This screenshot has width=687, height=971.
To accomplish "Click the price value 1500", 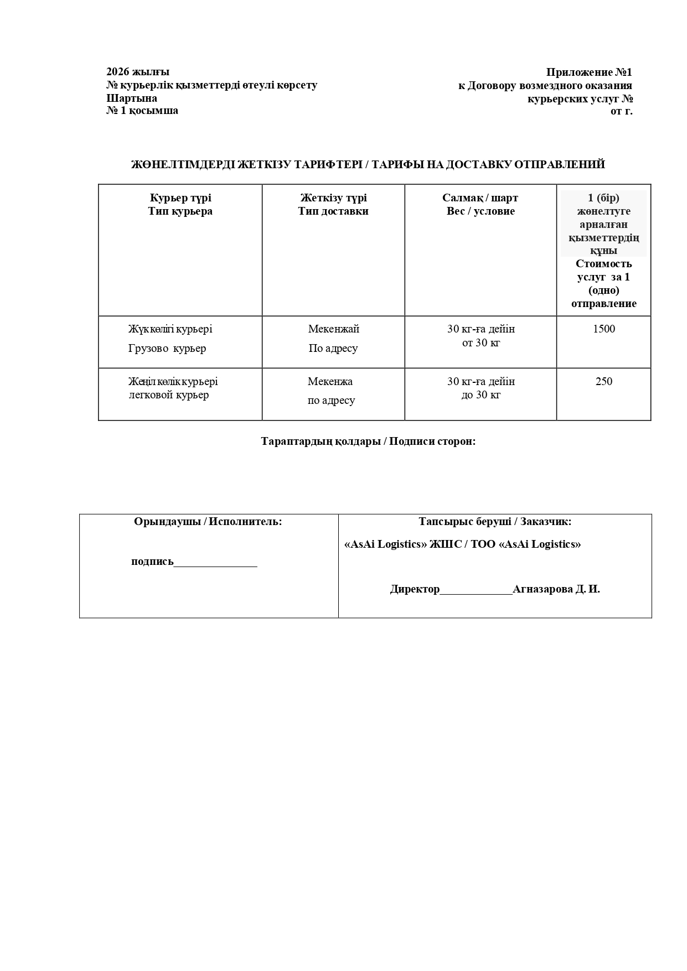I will tap(603, 329).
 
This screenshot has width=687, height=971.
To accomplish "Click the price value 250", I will tap(603, 381).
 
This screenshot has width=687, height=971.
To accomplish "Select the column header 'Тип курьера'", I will tap(180, 211).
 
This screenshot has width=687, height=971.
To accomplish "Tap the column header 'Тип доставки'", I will tap(333, 211).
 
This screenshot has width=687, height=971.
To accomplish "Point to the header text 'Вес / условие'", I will tap(481, 211).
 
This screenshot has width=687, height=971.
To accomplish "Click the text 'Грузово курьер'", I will tap(167, 349).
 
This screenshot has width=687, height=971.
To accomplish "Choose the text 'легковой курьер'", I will tap(169, 395).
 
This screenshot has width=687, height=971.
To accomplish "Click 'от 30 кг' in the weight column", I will tap(481, 343).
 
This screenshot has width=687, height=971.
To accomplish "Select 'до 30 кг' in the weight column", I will tap(481, 395).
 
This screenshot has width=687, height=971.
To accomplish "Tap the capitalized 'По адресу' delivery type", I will tap(333, 349).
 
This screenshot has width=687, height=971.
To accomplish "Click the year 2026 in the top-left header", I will tap(117, 72).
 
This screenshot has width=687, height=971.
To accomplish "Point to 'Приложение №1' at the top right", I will tap(589, 72).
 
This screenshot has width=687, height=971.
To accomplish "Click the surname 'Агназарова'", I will tap(543, 589).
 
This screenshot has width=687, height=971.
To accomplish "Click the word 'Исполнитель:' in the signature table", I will tap(246, 522).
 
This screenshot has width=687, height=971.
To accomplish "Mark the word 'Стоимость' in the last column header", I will tap(603, 264).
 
